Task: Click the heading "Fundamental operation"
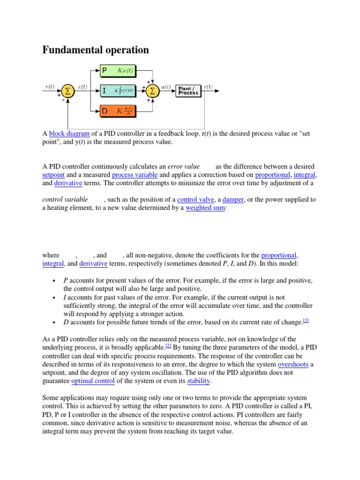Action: pos(96,50)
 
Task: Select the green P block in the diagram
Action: pos(118,71)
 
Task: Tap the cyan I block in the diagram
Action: pos(118,90)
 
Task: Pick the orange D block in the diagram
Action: pos(118,111)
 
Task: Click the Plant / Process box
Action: pos(187,90)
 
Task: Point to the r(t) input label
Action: pos(50,86)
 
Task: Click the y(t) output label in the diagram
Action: pos(208,86)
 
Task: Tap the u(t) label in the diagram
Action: pos(165,86)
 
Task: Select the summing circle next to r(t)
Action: pos(67,91)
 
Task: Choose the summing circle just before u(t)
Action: pos(152,91)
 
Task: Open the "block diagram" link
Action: pos(69,134)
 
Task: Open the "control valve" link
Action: pos(193,199)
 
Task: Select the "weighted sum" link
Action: pos(206,208)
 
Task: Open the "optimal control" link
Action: pos(93,381)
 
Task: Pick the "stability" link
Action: pos(199,381)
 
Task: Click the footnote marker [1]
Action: pos(306,321)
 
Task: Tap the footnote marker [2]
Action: pos(168,346)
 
